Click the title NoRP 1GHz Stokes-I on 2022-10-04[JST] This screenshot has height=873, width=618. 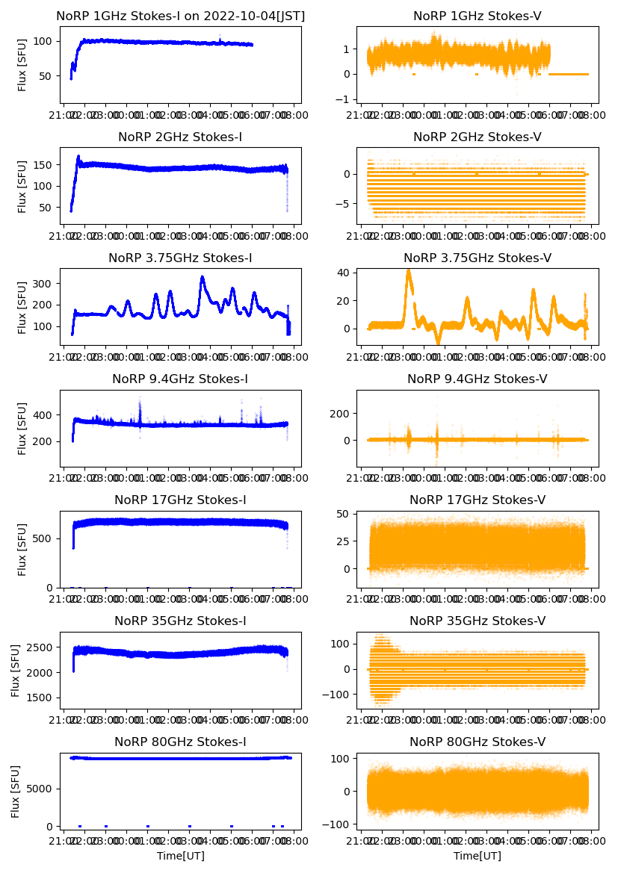click(180, 16)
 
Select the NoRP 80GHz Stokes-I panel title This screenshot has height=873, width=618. click(180, 742)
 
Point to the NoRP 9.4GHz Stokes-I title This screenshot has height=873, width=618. click(180, 379)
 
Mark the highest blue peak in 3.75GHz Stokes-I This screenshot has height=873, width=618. click(202, 279)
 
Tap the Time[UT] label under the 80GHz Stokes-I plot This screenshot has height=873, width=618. click(180, 856)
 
